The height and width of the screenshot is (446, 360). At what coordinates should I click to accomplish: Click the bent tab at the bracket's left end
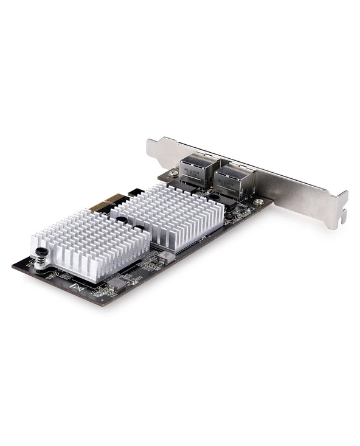coord(151,148)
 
